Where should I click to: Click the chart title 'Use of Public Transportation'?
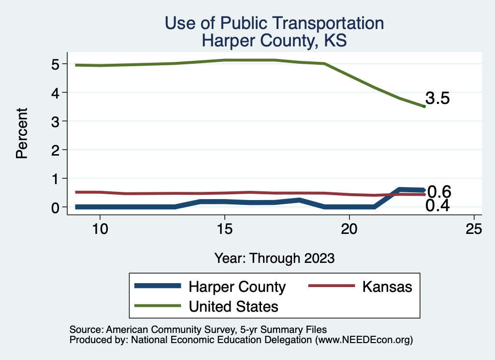(274, 23)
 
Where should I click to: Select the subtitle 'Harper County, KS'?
(274, 40)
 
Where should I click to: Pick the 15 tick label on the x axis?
(224, 229)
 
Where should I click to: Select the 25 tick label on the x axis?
(474, 229)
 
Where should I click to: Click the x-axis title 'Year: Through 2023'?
(274, 258)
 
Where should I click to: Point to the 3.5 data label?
(437, 99)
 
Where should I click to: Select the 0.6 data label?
(439, 192)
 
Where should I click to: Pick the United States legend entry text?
(233, 306)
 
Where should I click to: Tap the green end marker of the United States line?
(424, 106)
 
